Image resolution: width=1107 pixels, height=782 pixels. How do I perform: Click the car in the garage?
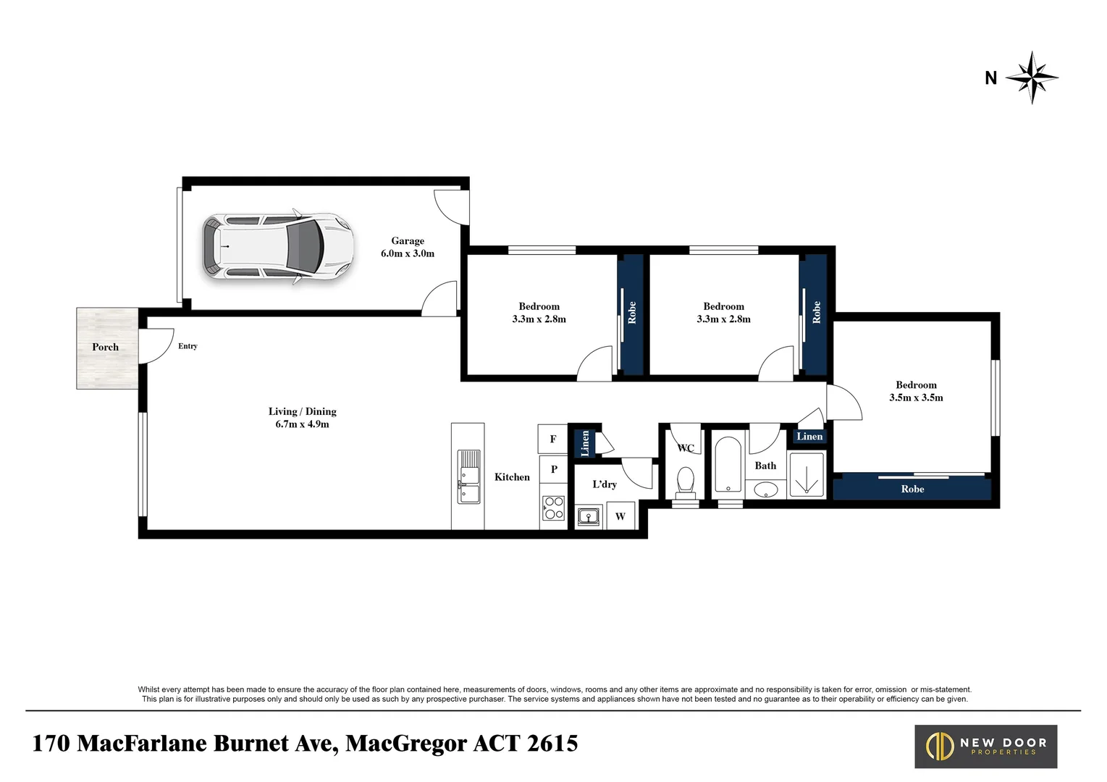(278, 247)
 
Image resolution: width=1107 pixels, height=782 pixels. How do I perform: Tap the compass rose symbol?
(1032, 77)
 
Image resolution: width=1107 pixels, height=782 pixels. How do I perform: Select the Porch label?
(105, 348)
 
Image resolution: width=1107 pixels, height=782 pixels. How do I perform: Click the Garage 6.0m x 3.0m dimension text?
(408, 253)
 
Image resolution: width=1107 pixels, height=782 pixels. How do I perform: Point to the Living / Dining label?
(302, 411)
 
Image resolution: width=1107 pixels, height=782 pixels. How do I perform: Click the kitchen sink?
(468, 476)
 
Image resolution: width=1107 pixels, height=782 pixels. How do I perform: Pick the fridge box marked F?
(553, 439)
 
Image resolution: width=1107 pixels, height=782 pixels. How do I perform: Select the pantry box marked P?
(554, 469)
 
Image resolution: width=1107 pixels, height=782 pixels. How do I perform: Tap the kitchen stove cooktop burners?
(554, 508)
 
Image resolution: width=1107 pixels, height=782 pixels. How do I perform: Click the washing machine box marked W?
(620, 516)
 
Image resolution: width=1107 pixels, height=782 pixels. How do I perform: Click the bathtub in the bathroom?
(728, 463)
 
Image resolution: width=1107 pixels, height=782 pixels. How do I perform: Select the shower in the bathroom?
(807, 475)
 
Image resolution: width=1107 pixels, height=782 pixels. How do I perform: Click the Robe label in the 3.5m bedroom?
(912, 489)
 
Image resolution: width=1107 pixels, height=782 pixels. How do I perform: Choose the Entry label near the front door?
(188, 346)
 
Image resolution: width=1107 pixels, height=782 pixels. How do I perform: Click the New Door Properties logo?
(985, 747)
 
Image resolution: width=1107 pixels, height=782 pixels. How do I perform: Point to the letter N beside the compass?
(990, 78)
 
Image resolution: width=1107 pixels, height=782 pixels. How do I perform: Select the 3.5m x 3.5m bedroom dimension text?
(916, 398)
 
